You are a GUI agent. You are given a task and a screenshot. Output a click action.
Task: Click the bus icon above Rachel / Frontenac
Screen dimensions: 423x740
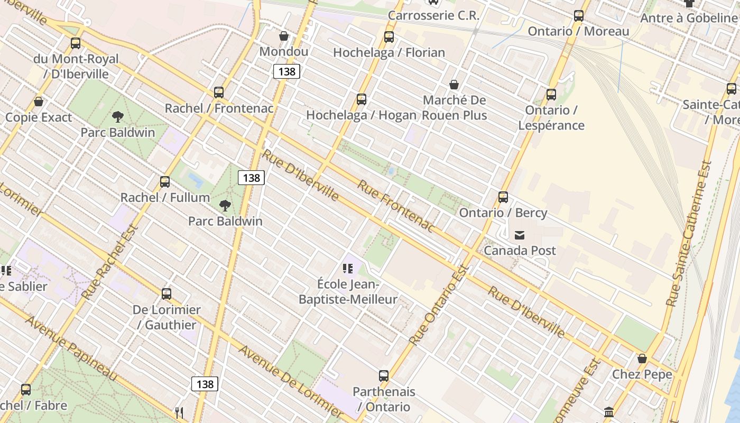[219, 93]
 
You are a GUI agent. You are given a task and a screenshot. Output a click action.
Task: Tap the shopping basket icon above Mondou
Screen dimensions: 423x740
[284, 36]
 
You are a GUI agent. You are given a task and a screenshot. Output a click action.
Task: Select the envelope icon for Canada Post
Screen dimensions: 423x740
[520, 235]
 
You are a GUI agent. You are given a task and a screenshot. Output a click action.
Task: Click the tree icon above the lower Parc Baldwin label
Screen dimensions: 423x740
[225, 206]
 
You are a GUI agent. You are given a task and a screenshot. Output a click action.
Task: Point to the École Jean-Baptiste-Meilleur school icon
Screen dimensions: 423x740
[347, 269]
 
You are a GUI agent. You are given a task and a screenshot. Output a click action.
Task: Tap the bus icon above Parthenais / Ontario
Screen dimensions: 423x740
[384, 376]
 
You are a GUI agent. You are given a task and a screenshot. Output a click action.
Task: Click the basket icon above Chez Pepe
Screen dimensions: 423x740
[642, 358]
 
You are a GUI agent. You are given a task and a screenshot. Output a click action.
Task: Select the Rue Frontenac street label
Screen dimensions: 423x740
[395, 206]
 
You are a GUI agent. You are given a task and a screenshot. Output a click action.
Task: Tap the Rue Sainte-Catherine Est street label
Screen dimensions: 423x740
[689, 234]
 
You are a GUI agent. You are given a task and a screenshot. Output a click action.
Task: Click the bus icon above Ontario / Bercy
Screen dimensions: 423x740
[503, 197]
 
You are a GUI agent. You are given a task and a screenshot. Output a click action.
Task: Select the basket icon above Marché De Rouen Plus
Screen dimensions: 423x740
[454, 85]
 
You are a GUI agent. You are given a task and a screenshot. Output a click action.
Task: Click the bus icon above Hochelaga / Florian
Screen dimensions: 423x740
[389, 37]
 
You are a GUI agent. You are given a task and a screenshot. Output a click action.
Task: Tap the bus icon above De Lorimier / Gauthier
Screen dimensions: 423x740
[166, 294]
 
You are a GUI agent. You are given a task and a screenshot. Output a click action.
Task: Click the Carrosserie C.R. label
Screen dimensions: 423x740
[433, 15]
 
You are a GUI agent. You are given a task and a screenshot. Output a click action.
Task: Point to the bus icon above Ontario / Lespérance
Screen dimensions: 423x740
[551, 95]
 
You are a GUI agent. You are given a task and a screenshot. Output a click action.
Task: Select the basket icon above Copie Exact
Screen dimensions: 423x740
[38, 102]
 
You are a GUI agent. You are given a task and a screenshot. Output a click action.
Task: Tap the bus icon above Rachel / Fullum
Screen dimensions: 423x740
[165, 182]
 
